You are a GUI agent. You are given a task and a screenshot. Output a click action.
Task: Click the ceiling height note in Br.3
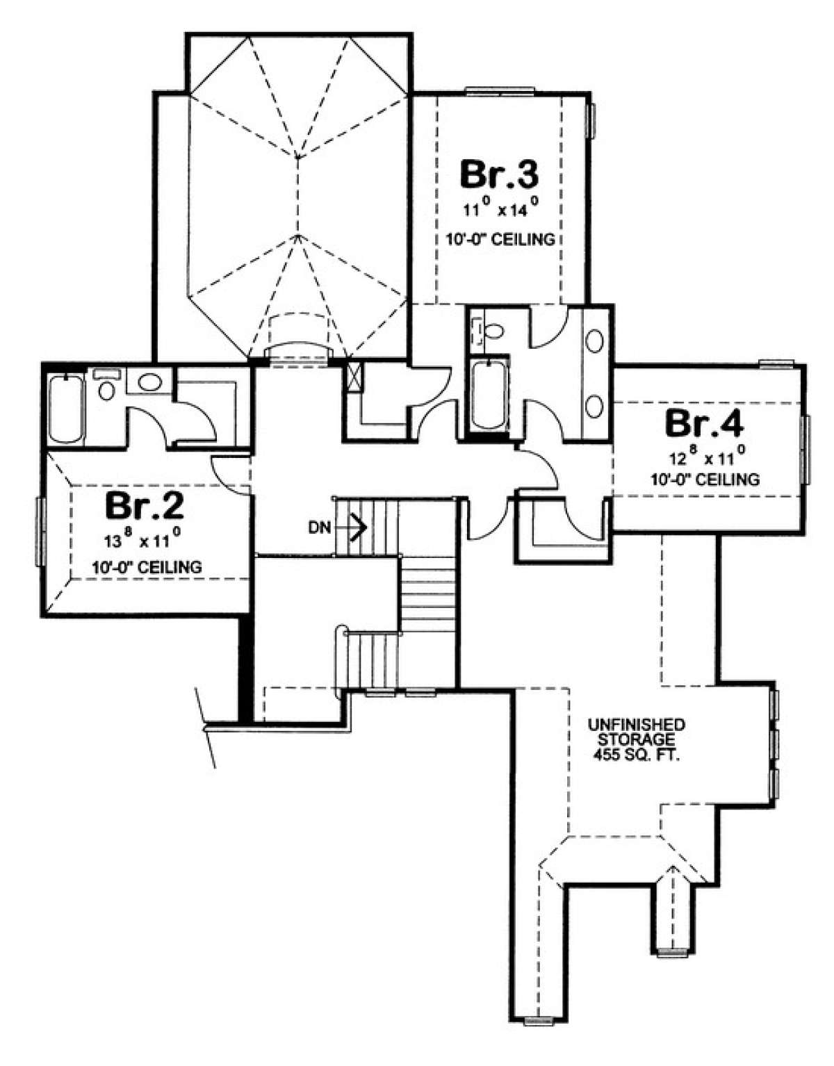500,239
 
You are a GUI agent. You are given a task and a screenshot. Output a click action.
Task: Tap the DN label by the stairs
320,528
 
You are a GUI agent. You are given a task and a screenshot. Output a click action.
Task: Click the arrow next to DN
350,528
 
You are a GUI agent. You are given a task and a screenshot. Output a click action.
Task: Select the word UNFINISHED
637,723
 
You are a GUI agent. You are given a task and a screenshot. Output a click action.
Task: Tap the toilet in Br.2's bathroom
107,388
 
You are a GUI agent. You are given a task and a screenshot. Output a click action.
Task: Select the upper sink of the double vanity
595,340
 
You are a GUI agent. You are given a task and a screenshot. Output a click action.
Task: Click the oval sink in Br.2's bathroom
149,382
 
